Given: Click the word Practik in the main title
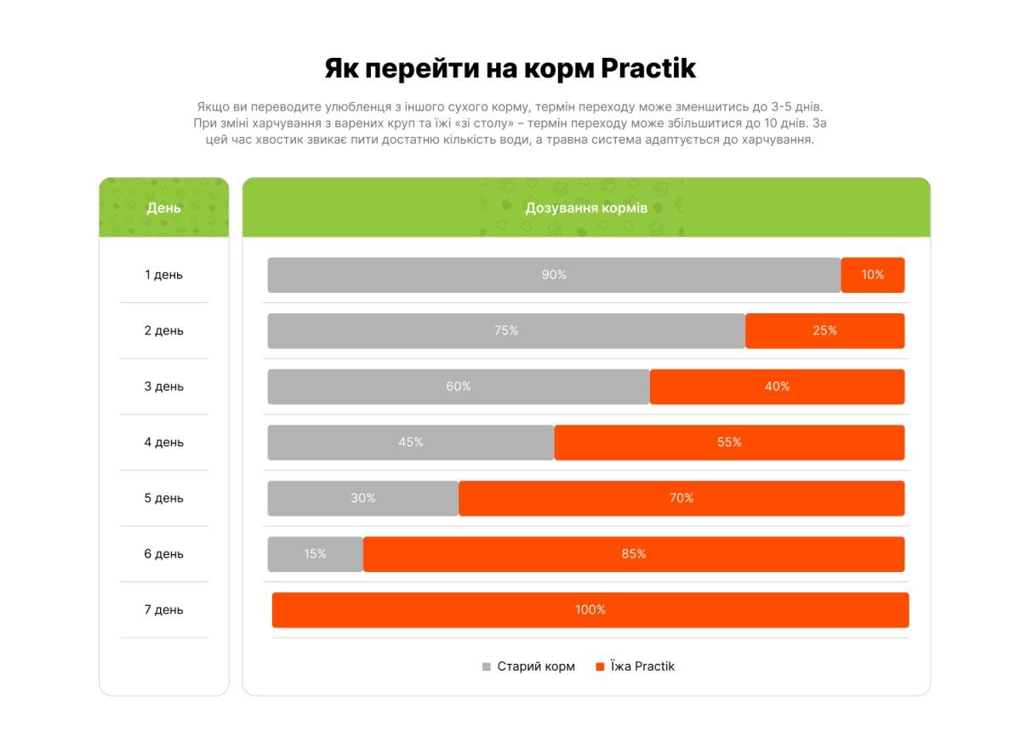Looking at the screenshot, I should (648, 69).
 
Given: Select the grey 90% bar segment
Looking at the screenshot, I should (554, 275).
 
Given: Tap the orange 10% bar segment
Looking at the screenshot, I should (872, 275).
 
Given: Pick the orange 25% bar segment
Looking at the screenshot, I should (824, 331).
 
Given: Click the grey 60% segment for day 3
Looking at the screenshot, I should (459, 386).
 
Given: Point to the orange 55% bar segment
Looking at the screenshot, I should (729, 443).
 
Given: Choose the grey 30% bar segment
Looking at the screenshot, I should (363, 499).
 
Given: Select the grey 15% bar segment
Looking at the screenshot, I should (315, 554).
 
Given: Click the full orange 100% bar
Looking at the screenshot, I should (590, 610).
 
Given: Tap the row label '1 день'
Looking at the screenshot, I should (163, 275).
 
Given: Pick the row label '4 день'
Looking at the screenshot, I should (163, 443).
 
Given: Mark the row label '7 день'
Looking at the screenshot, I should (163, 610).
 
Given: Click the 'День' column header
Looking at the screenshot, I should (163, 209).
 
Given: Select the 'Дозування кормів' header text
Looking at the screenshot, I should (586, 209).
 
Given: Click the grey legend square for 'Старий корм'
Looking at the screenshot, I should (487, 667).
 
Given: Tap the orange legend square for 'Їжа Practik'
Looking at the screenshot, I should (600, 667).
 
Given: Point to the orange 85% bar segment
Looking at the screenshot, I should (633, 554).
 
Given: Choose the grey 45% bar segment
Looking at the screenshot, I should (411, 443).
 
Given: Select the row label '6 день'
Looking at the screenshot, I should (163, 554).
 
